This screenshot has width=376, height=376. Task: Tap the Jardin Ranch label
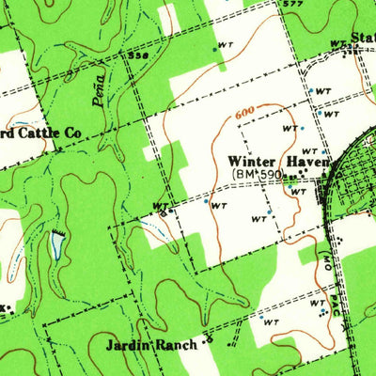pyautogui.click(x=154, y=345)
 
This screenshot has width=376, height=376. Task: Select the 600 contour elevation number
pyautogui.click(x=246, y=112)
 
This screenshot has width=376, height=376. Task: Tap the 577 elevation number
pyautogui.click(x=294, y=4)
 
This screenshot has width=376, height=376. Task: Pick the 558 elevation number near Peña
pyautogui.click(x=139, y=55)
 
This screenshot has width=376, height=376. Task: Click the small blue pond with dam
pyautogui.click(x=57, y=246)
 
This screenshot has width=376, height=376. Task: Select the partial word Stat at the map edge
pyautogui.click(x=363, y=39)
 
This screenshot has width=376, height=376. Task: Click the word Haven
pyautogui.click(x=305, y=161)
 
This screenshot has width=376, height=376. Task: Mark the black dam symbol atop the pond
pyautogui.click(x=58, y=230)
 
